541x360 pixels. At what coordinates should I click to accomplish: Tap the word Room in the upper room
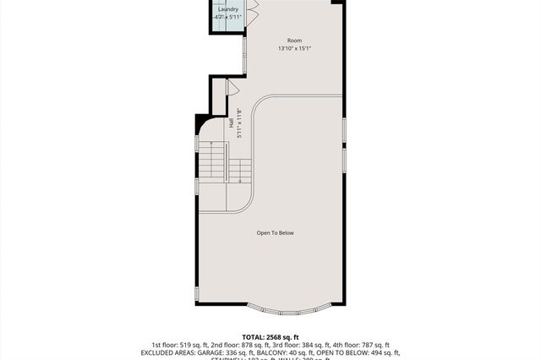[294, 40]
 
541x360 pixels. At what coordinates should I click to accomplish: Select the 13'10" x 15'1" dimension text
[294, 48]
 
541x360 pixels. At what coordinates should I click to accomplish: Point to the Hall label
[231, 123]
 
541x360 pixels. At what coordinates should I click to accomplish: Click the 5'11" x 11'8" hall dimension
[240, 123]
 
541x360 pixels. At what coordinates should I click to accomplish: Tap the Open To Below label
[276, 232]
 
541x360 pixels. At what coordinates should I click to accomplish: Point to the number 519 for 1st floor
[188, 345]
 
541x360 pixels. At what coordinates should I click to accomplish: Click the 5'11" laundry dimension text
[235, 17]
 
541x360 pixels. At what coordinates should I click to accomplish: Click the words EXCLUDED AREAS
[174, 352]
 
